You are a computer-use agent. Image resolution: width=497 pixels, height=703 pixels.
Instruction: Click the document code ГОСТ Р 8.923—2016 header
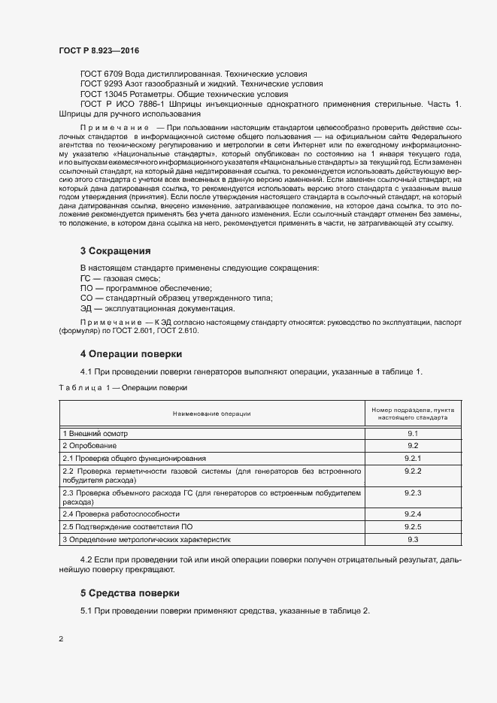[98, 50]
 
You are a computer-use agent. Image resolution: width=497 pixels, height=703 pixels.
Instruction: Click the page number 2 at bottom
[61, 638]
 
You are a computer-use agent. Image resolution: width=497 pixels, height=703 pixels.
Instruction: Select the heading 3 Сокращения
[115, 250]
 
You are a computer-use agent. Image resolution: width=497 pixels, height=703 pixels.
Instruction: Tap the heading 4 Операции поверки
[130, 353]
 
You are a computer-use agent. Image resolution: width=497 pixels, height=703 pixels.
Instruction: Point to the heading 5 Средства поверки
[129, 593]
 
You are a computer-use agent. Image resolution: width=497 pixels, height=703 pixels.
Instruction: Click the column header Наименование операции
[211, 413]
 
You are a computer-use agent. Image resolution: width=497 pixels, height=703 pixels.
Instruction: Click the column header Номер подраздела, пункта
[411, 409]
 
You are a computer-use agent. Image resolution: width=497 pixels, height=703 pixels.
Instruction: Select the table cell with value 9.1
[411, 433]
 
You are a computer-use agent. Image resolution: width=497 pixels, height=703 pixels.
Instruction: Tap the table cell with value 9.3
[411, 540]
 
